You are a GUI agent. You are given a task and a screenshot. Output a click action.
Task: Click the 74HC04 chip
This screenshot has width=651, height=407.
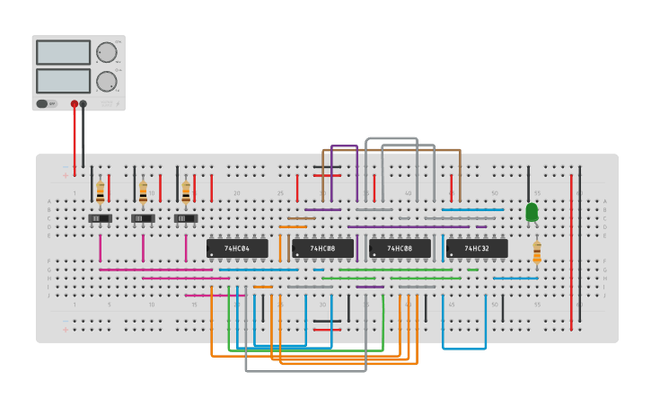tap(237, 248)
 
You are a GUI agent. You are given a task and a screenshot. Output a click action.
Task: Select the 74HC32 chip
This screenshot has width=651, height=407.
tap(477, 248)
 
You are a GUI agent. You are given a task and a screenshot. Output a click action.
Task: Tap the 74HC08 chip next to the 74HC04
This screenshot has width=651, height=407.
tap(322, 248)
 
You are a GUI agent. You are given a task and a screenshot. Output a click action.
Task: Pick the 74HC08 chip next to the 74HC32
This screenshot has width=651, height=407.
tap(400, 248)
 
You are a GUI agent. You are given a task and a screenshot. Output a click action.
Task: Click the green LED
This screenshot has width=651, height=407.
tap(532, 212)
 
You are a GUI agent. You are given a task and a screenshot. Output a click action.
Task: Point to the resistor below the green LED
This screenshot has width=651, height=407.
tap(537, 252)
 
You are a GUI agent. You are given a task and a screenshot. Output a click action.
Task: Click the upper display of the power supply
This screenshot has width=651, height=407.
tap(63, 52)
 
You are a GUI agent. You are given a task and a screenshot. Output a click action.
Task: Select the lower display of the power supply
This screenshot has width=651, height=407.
tap(63, 81)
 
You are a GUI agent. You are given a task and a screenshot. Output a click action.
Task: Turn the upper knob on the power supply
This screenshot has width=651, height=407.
tap(106, 52)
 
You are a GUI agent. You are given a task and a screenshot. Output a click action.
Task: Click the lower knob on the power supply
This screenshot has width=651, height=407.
tap(106, 81)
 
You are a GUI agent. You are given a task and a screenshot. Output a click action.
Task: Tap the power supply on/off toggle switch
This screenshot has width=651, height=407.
tap(42, 103)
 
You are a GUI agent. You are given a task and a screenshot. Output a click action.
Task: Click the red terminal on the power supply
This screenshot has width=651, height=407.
tap(75, 104)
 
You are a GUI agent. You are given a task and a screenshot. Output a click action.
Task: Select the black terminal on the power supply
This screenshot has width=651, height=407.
tap(84, 104)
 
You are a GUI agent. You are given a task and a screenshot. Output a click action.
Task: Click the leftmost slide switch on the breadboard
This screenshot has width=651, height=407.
tap(100, 218)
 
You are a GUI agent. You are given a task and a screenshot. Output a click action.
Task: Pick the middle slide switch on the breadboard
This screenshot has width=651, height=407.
tap(143, 218)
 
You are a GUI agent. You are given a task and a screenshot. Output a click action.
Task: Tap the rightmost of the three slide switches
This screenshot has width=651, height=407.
tap(186, 218)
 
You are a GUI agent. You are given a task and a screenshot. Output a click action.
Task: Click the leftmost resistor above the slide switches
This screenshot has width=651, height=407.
tap(100, 191)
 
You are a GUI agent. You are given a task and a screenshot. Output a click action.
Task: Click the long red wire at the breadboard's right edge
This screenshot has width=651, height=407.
tap(571, 252)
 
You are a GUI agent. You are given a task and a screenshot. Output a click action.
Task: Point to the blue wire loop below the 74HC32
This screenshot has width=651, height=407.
tap(464, 348)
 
